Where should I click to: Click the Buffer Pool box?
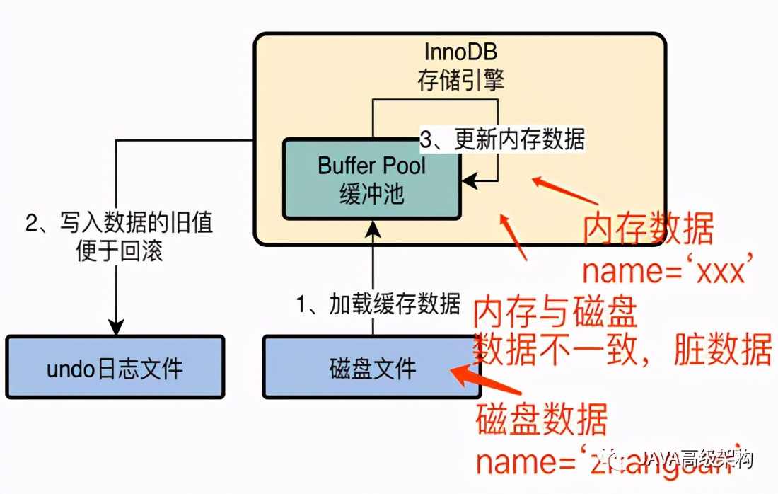coord(372,178)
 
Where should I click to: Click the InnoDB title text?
coord(460,52)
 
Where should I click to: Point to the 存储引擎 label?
coord(460,79)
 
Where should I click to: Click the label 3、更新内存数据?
coord(503,139)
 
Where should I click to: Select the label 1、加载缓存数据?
coord(378,304)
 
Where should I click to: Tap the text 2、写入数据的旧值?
coord(119,224)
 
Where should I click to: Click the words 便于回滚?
coord(119,251)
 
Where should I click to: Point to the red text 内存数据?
coord(648,230)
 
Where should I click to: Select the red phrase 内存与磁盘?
coord(555,311)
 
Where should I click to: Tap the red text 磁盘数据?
coord(542,420)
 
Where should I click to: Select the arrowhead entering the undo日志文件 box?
coord(115,329)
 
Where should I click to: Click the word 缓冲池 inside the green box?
coord(372,193)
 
